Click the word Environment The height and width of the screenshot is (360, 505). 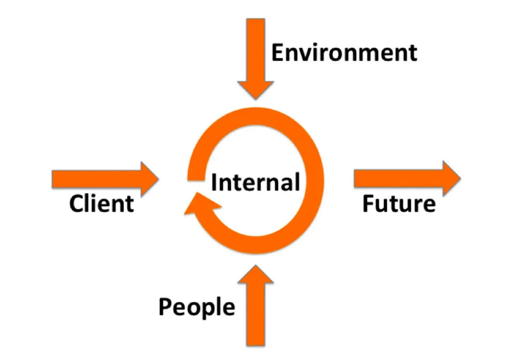(x=344, y=53)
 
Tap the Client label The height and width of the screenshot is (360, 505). (x=101, y=204)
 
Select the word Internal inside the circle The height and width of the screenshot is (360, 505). (x=256, y=183)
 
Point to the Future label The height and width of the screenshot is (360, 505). (x=399, y=204)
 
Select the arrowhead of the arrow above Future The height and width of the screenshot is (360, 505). (x=450, y=178)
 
